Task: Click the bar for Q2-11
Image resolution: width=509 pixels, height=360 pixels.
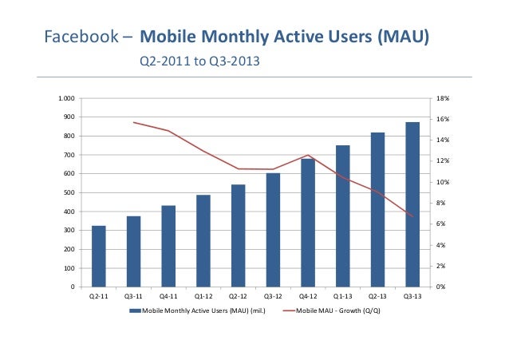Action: (99, 256)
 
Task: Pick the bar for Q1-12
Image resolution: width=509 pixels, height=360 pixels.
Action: (203, 240)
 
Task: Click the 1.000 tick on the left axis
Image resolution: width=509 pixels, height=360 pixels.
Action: (67, 98)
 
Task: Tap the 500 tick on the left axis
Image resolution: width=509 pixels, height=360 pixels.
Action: (69, 192)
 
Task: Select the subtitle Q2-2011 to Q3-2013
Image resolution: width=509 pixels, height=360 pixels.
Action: (199, 61)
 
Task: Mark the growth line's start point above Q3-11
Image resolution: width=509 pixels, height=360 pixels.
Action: (134, 122)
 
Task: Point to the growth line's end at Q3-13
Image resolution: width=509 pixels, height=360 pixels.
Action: (412, 216)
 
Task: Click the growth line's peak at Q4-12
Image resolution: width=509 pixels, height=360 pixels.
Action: (308, 155)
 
